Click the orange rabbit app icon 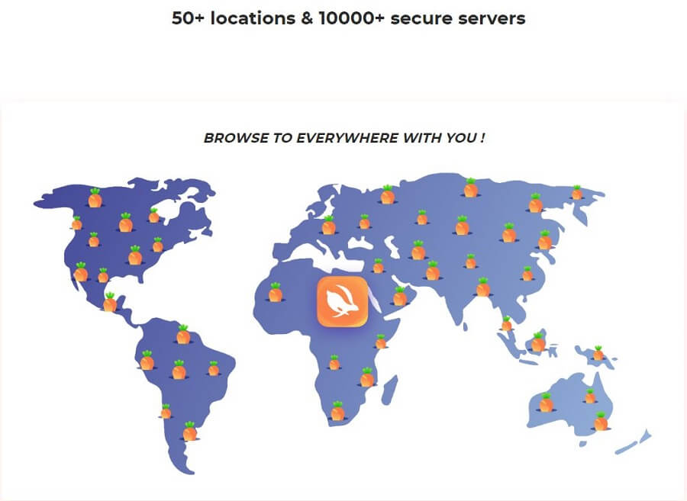tap(342, 301)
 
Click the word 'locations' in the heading tap(253, 18)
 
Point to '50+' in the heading tap(188, 18)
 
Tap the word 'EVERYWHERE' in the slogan tap(347, 138)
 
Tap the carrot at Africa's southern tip tap(337, 411)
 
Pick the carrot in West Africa tap(275, 292)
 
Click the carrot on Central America tap(109, 302)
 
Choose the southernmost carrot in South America tap(190, 431)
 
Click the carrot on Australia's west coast tap(546, 403)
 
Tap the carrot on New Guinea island tap(598, 353)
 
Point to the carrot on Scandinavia tap(328, 226)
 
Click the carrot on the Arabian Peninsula tap(399, 296)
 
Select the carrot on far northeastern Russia tap(576, 192)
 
